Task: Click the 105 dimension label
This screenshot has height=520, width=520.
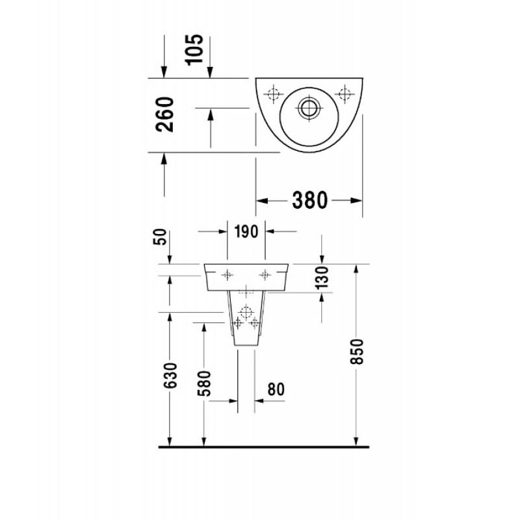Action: tap(194, 50)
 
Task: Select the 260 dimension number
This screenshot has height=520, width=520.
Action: tap(165, 115)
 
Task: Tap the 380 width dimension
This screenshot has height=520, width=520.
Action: tap(310, 200)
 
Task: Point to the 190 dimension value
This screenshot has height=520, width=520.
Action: tap(246, 231)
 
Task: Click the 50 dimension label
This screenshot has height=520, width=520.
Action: tap(160, 237)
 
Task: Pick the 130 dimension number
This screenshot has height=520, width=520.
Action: tap(321, 278)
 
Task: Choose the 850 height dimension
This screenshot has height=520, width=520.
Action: tap(357, 352)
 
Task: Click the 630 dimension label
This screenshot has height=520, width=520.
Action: tap(171, 376)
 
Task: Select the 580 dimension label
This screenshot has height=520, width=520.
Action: tap(204, 383)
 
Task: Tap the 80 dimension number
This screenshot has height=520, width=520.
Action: tap(276, 389)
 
